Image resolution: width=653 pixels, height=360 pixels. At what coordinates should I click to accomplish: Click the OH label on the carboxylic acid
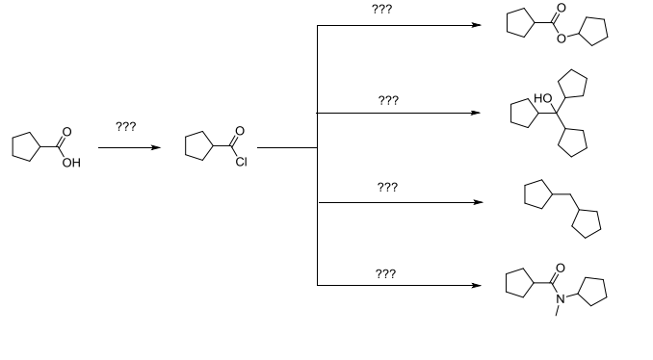(69, 164)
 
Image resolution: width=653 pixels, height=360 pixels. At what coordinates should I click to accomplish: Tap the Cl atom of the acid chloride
(242, 163)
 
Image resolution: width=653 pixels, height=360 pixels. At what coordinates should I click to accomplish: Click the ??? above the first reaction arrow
(125, 127)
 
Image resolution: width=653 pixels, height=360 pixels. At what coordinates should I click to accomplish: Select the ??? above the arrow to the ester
(381, 9)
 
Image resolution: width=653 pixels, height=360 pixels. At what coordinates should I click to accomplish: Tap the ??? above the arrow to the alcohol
(388, 100)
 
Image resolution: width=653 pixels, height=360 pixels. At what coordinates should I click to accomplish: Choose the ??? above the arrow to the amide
(385, 274)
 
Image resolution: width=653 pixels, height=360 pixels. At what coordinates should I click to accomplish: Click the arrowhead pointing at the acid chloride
(153, 148)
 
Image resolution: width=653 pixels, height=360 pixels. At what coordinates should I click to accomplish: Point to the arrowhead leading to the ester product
(476, 26)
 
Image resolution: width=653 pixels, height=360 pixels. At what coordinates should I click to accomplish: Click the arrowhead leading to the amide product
(476, 285)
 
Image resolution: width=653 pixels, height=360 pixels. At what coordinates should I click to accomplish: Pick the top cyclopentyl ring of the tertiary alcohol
(572, 83)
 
